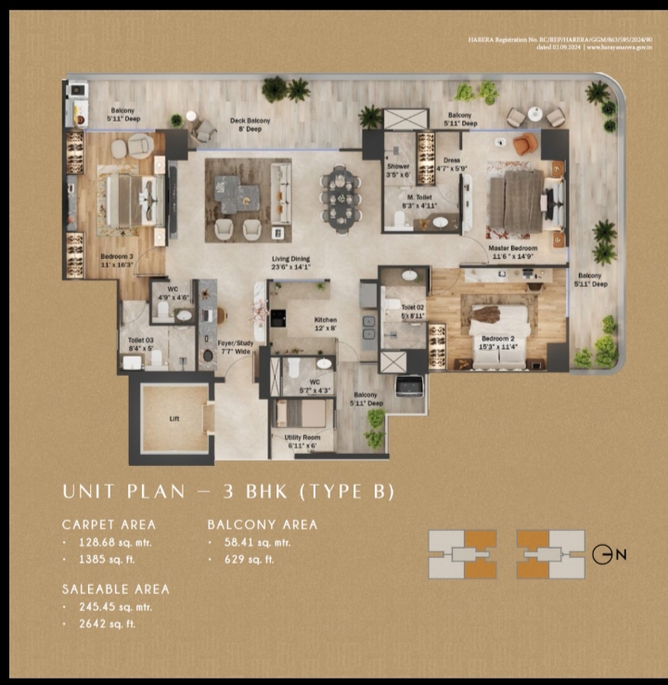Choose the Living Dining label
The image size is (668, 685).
pos(290,259)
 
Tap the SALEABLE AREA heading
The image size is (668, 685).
pos(116,588)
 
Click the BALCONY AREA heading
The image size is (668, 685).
pos(263,524)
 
